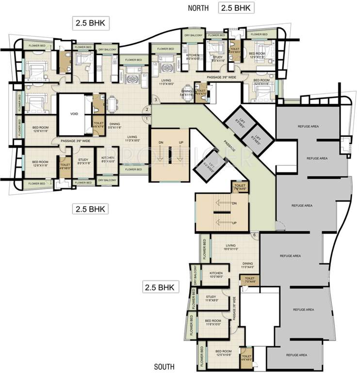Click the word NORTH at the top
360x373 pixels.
(199, 8)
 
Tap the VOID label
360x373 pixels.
(74, 114)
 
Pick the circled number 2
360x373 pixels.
(147, 109)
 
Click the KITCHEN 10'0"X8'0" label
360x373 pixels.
(216, 275)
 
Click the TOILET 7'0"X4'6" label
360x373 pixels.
(251, 280)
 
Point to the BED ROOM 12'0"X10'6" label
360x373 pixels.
(223, 353)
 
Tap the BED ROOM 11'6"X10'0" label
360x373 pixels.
(213, 323)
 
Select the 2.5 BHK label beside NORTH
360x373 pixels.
(237, 7)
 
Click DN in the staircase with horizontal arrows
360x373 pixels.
(234, 203)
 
